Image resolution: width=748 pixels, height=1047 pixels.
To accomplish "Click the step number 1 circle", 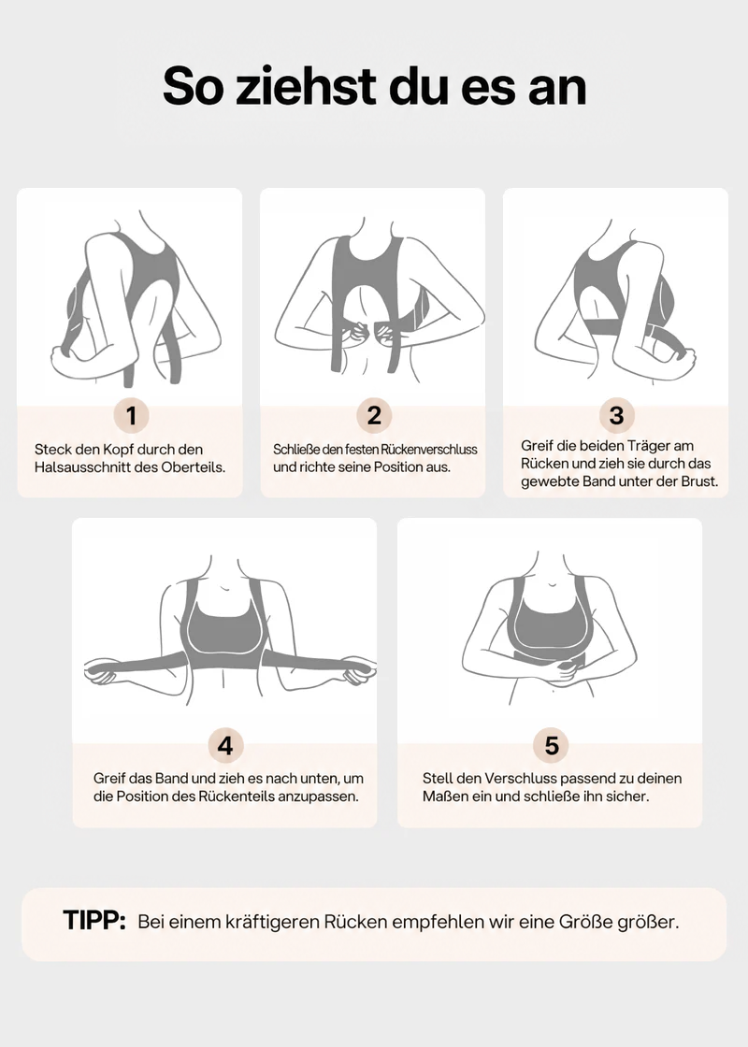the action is [x=131, y=415].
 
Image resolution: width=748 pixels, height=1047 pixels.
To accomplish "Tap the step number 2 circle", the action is [x=374, y=415].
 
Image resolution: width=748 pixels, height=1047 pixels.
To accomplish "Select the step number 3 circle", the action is [x=616, y=415].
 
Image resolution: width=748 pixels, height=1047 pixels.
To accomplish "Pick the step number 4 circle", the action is [x=225, y=745].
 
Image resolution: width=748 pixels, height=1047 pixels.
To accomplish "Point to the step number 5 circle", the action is [x=551, y=745].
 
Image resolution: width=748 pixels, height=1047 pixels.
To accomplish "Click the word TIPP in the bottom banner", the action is [x=94, y=921].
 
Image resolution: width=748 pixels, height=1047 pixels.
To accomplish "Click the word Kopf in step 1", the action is [x=118, y=450].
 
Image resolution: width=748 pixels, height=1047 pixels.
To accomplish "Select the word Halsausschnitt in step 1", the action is [x=82, y=467].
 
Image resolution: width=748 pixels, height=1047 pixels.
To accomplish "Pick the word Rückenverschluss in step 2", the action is [x=429, y=450].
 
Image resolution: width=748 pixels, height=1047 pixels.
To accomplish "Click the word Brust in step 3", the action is [x=698, y=481].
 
